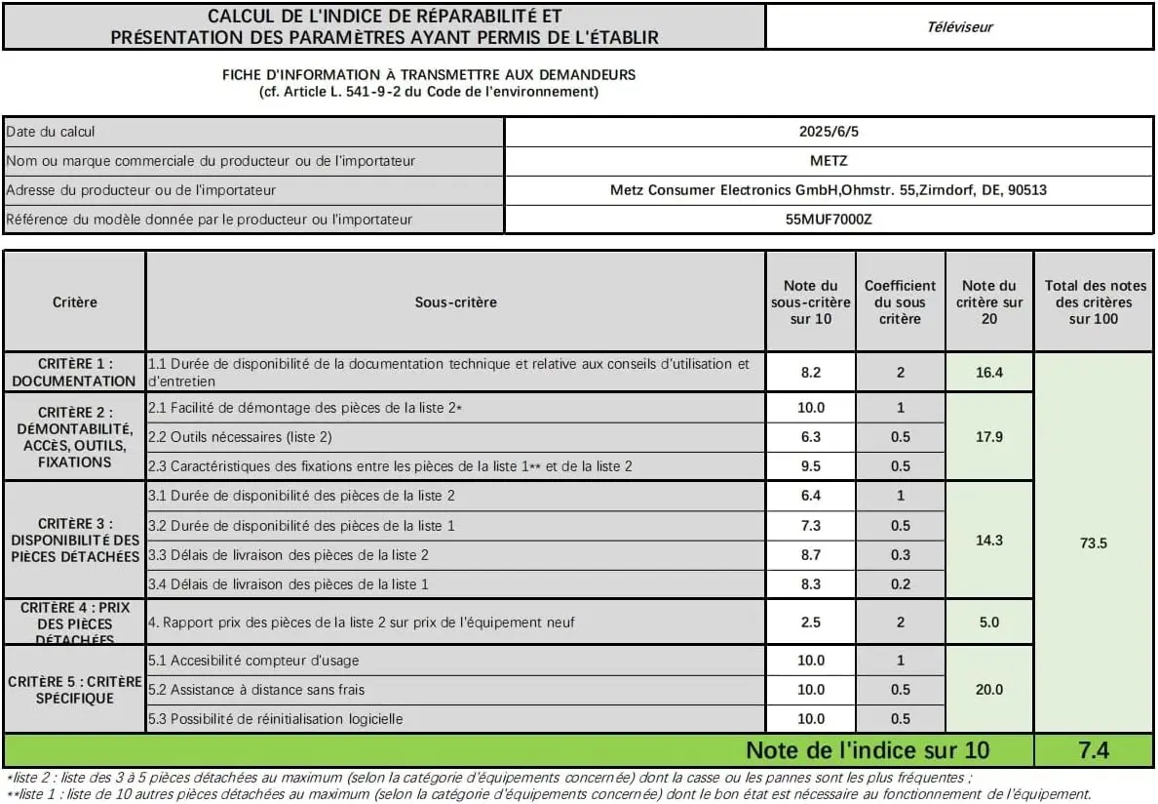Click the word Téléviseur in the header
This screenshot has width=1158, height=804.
tap(959, 27)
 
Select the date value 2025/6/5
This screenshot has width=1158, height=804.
tap(828, 132)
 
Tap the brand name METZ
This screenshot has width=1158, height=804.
tap(828, 161)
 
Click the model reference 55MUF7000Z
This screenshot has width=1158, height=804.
tap(828, 220)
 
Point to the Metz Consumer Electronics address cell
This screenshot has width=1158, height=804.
tap(828, 190)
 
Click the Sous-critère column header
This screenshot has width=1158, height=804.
tap(455, 302)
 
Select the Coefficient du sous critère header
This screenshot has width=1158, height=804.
tap(900, 302)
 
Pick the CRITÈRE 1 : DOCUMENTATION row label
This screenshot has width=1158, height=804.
tap(74, 372)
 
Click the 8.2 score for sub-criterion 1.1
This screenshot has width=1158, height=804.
tap(810, 372)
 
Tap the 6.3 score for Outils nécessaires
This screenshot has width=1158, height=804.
tap(810, 437)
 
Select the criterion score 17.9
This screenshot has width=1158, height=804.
tap(988, 437)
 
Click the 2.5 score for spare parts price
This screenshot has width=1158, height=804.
tap(810, 622)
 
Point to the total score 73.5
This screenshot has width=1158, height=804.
tap(1093, 543)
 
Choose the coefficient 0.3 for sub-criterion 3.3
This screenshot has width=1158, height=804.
tap(900, 555)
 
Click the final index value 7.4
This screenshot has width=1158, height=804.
tap(1093, 750)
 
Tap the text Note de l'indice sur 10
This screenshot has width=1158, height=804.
tap(867, 750)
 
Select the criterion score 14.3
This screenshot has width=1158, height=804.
tap(988, 540)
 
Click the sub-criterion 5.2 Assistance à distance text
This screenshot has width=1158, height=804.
tap(257, 690)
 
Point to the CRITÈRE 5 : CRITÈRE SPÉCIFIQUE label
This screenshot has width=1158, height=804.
tap(74, 689)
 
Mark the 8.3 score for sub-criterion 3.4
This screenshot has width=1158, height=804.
tap(810, 584)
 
